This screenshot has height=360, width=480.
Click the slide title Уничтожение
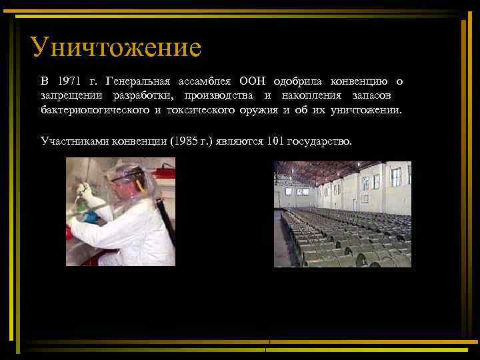tap(115, 47)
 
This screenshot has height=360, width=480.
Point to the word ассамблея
tap(204, 82)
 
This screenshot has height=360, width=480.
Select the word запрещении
tap(69, 96)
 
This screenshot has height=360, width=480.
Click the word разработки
tap(141, 96)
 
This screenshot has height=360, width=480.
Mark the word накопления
tap(312, 96)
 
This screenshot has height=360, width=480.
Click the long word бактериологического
tap(95, 110)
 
